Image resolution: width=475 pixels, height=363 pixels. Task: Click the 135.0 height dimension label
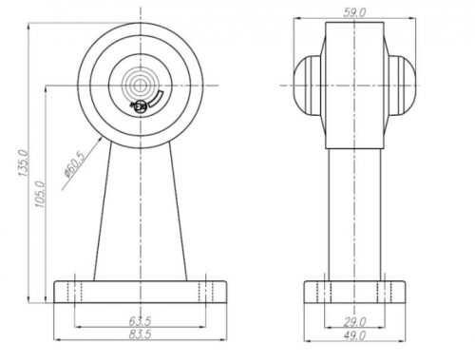coord(24,163)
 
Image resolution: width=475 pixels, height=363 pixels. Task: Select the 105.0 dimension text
coord(41,194)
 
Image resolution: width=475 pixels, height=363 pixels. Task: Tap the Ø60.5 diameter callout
coord(75,165)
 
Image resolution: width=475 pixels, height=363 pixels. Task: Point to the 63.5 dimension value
coord(140,321)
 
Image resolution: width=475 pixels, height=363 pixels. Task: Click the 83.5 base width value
coord(140,334)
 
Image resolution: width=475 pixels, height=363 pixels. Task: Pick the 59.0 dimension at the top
coord(354,12)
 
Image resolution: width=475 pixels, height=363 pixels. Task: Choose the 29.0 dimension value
coord(354,322)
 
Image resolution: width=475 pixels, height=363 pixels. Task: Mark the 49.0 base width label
coord(354,335)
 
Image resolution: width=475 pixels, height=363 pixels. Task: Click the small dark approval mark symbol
coord(140,106)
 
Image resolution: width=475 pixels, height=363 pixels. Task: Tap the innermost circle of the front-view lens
coord(138,85)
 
